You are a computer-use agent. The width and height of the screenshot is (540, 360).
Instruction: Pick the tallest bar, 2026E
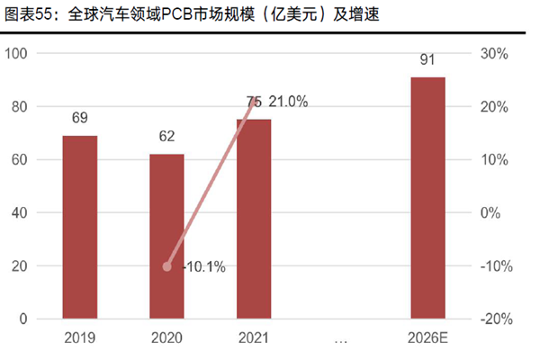[x=427, y=198]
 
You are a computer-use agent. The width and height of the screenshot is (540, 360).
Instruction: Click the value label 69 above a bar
[x=80, y=118]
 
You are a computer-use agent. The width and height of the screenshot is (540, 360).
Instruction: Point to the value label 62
[x=166, y=137]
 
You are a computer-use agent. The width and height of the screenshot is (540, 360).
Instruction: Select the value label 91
[x=427, y=60]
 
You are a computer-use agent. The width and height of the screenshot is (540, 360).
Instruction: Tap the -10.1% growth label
[x=203, y=266]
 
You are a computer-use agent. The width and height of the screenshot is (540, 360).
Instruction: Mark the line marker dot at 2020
[x=167, y=266]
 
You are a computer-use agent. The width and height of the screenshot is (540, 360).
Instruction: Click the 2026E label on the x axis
[x=427, y=340]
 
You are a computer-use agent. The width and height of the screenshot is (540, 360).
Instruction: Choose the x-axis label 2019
[x=80, y=340]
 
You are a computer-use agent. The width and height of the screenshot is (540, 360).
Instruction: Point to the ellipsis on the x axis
[x=340, y=340]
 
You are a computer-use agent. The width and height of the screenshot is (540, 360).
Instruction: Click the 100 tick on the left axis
[x=18, y=54]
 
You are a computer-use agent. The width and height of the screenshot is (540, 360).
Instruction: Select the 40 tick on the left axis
[x=22, y=213]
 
